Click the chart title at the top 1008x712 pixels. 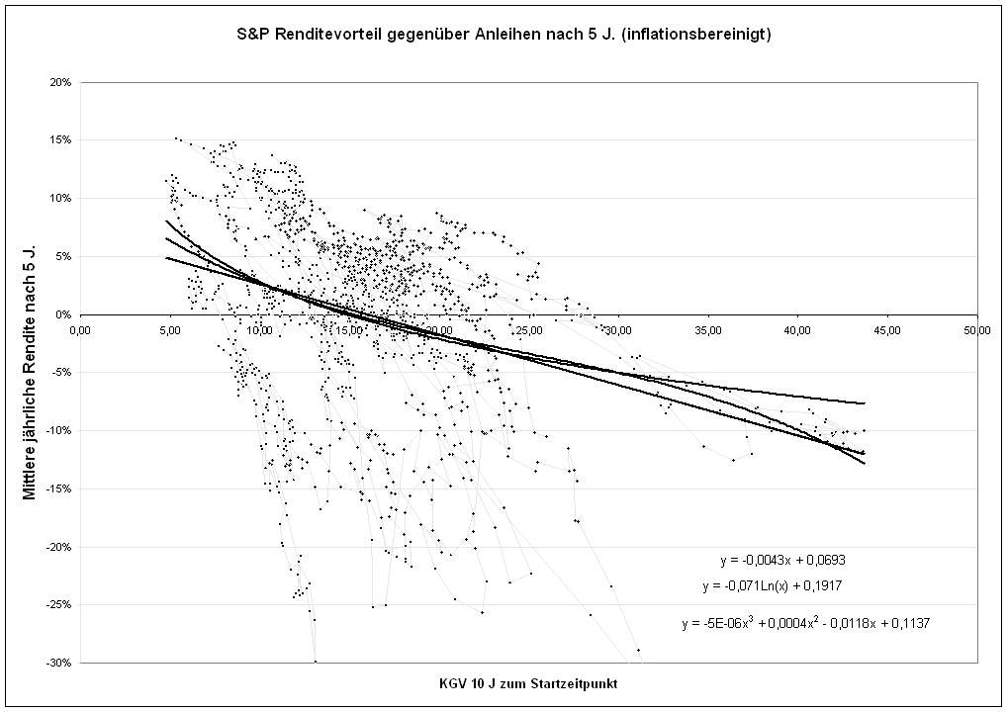(x=504, y=35)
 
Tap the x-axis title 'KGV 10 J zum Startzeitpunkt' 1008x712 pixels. (x=528, y=684)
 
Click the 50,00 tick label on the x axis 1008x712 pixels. (x=976, y=330)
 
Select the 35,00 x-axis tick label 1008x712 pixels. (x=707, y=330)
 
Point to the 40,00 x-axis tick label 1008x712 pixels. (x=797, y=330)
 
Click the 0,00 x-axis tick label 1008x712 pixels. (x=81, y=330)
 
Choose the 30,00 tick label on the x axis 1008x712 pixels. (x=618, y=330)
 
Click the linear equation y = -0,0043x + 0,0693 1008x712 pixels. (x=781, y=560)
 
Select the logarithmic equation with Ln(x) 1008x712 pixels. (x=772, y=585)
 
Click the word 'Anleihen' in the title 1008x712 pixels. (x=514, y=35)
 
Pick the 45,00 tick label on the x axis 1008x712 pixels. (x=886, y=330)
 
